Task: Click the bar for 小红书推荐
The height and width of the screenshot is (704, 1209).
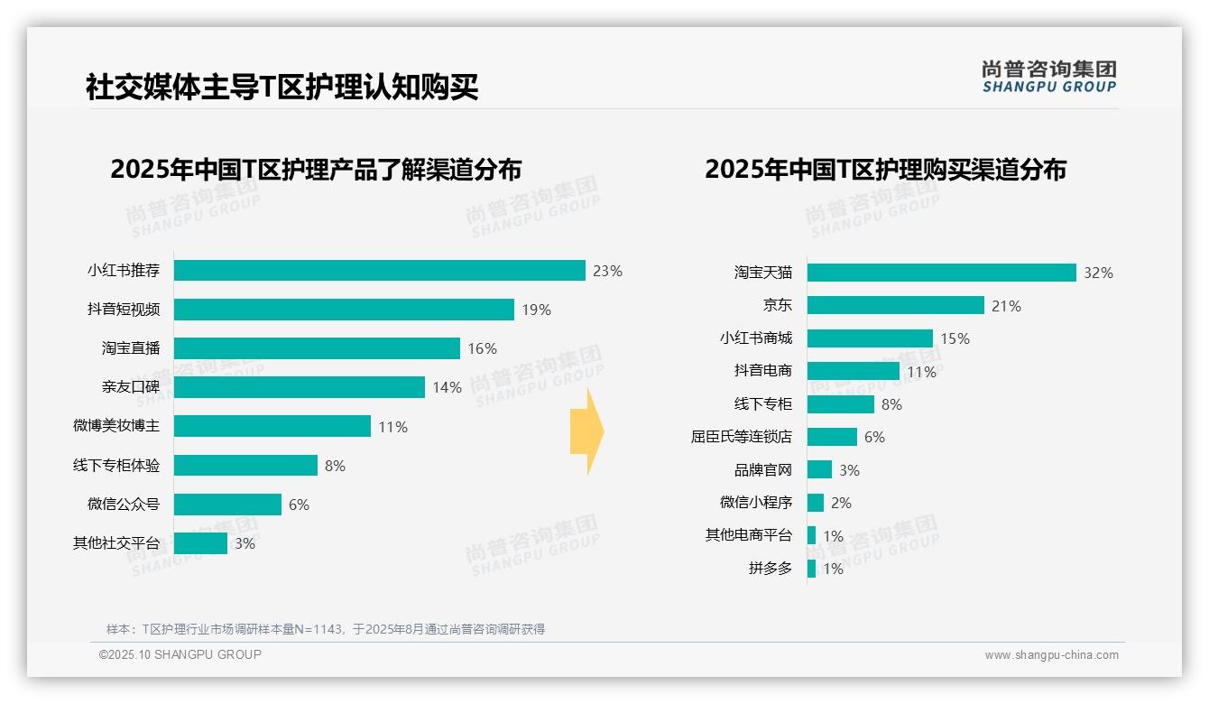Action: pos(379,271)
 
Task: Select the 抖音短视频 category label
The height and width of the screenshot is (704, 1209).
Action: pos(124,310)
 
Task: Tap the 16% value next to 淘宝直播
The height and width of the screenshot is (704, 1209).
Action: pos(482,348)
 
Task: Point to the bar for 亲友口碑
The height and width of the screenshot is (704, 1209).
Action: pos(299,387)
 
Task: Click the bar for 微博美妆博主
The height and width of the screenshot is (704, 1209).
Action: pos(272,426)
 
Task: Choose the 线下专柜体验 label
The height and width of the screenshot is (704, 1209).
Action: pos(116,466)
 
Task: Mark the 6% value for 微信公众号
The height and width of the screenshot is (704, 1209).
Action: pos(299,505)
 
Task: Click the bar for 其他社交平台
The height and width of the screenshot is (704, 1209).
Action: pos(200,543)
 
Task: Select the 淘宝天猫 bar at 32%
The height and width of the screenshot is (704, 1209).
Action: pos(941,273)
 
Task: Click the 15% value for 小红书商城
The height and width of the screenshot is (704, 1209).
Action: pos(955,338)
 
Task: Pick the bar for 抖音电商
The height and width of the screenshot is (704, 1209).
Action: pos(853,371)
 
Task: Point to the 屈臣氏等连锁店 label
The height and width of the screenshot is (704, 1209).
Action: pos(741,437)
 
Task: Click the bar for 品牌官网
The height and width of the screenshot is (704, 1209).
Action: pos(819,469)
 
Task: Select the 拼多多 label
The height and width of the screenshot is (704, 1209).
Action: pos(770,569)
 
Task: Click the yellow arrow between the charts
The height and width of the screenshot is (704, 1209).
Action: pos(587,431)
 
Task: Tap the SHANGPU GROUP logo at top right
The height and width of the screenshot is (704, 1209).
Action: pos(1048,77)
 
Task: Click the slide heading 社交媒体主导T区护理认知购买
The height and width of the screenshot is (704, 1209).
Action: pos(281,88)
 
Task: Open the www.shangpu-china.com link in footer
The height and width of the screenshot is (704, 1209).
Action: pos(1051,655)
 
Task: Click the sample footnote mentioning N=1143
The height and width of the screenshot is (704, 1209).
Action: pos(325,629)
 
